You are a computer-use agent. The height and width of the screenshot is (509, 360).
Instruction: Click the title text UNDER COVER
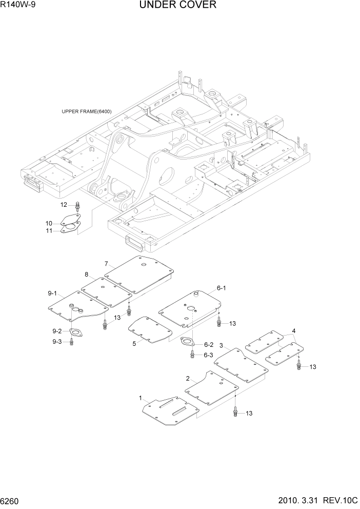point(177,5)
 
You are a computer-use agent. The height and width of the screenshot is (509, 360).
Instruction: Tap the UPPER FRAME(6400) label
point(87,111)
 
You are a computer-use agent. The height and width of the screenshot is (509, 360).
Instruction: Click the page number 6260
point(11,500)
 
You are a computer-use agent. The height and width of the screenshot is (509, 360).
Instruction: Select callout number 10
point(49,223)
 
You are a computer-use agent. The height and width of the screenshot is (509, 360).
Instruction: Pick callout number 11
point(49,231)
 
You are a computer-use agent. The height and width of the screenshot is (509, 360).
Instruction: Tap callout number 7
point(106,264)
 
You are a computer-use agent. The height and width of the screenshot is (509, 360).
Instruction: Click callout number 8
point(86,274)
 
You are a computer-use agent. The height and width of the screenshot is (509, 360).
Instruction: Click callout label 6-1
point(222,288)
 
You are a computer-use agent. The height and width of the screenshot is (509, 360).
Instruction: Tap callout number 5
point(134,343)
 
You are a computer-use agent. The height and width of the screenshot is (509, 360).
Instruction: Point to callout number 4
point(294,330)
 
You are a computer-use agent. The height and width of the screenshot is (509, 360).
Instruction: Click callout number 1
point(141,398)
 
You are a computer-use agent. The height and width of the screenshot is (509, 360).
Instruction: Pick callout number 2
point(188,378)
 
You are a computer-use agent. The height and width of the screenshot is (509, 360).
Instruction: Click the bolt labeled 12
point(77,207)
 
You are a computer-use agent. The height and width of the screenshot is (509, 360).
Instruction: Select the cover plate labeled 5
point(149,330)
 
